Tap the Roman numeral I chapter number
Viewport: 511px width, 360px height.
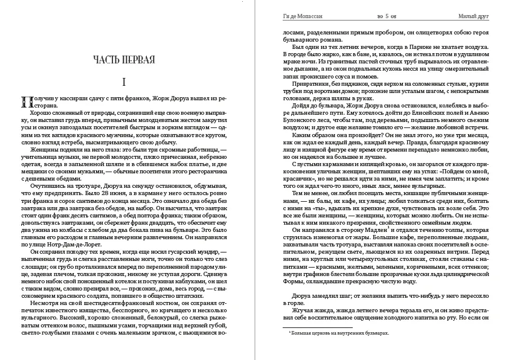pyautogui.click(x=123, y=82)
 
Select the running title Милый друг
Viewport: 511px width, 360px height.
pyautogui.click(x=475, y=16)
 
